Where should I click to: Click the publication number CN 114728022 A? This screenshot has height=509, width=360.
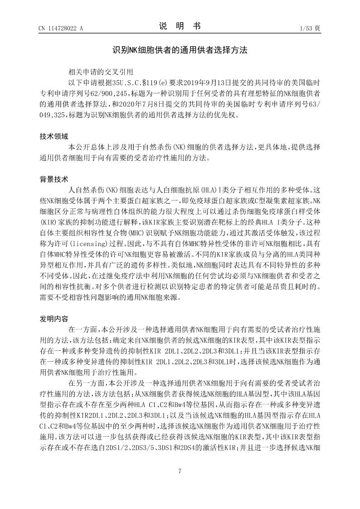click(x=61, y=28)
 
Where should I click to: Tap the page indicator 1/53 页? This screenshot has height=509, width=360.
click(x=310, y=28)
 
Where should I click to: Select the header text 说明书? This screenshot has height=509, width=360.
click(x=180, y=26)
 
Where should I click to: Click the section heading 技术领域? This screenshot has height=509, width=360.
click(x=54, y=136)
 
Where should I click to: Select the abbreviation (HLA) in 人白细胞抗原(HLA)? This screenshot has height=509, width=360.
click(x=203, y=189)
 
